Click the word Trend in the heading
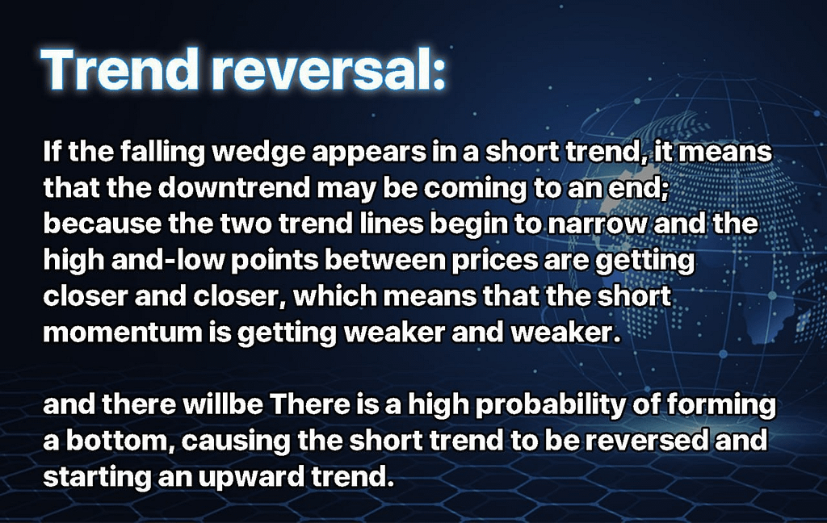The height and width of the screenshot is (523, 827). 120,70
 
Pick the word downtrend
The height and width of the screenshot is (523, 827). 233,189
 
